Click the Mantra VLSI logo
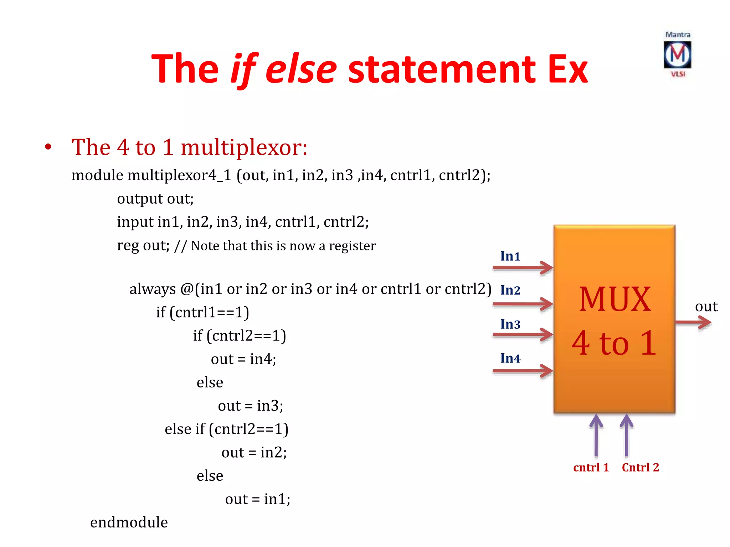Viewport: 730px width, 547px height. pos(677,54)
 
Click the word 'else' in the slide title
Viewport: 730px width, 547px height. pos(301,69)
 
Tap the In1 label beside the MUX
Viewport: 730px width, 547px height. pos(510,256)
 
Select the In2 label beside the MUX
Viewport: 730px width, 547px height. pos(510,290)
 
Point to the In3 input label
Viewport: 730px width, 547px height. pos(510,324)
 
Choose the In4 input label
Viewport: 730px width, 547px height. pos(510,358)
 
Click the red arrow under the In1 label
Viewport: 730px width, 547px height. pos(523,267)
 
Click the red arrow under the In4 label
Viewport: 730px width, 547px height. pos(523,371)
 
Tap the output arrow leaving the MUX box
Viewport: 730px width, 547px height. pos(693,322)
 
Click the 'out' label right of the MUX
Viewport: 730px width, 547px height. pos(706,306)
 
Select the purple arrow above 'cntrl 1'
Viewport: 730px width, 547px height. pos(596,435)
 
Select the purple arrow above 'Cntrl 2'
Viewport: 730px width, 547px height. pos(626,435)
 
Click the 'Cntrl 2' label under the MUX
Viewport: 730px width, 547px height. pos(640,467)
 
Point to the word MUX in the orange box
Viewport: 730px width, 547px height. pos(615,299)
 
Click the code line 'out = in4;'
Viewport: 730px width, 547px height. pos(243,359)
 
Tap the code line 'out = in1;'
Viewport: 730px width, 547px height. pos(258,499)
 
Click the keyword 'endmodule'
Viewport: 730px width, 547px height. pos(129,522)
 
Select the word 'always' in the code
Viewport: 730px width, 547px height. pos(153,289)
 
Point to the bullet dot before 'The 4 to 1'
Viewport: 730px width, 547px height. pos(48,147)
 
